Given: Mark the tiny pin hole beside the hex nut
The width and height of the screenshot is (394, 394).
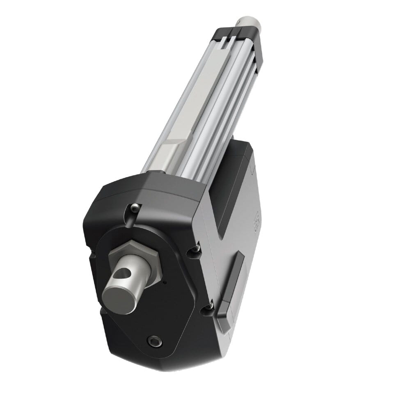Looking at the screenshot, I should tap(165, 282).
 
